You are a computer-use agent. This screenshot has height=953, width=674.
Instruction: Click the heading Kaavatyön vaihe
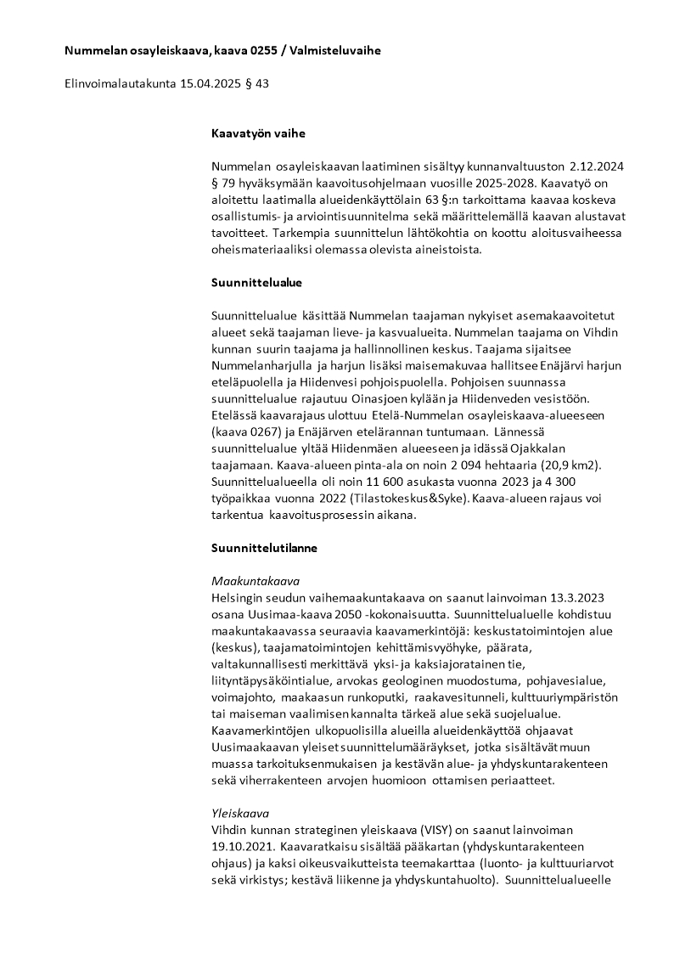(x=258, y=133)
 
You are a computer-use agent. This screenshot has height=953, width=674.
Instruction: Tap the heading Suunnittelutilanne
(x=264, y=548)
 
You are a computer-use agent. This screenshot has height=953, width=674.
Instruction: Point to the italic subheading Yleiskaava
(x=239, y=813)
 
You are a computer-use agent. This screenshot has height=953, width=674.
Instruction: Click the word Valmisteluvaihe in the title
(x=335, y=51)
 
